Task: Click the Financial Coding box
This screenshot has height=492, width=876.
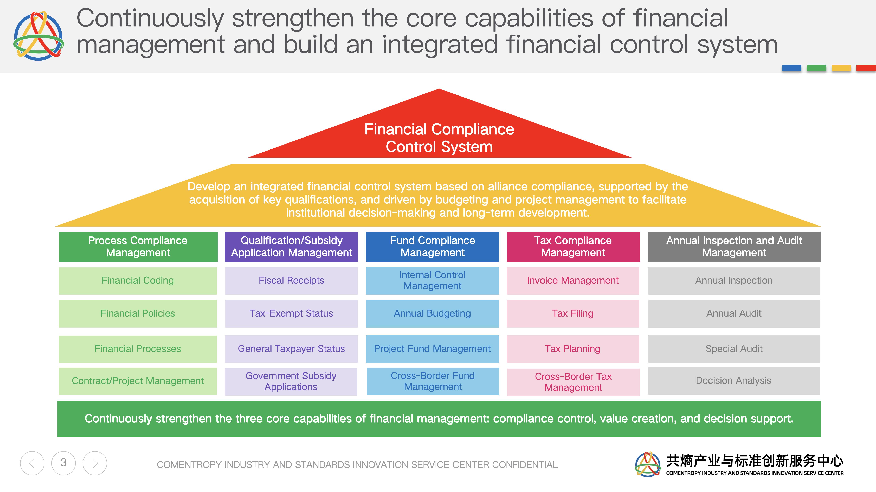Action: [x=138, y=281]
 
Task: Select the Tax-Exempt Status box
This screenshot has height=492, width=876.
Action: [x=291, y=313]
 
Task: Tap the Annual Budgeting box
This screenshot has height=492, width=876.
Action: [x=432, y=313]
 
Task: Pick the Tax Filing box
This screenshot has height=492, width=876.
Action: [x=573, y=313]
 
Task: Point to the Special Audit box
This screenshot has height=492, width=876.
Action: [x=734, y=349]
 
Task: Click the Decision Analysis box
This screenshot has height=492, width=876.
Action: [x=734, y=381]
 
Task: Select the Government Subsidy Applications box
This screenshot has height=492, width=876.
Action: [x=291, y=381]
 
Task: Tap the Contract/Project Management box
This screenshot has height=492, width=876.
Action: [x=138, y=381]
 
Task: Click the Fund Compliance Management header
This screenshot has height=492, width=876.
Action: [x=433, y=247]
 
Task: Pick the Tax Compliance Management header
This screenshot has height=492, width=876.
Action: [x=573, y=247]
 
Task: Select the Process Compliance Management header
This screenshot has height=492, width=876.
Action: [x=138, y=247]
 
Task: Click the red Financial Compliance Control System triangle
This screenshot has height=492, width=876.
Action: [x=439, y=136]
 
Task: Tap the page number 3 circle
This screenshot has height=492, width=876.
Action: [x=64, y=463]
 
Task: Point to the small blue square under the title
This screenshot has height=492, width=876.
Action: [x=791, y=68]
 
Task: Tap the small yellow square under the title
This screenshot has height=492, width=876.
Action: [x=841, y=68]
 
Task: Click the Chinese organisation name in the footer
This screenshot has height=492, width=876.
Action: [x=755, y=461]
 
